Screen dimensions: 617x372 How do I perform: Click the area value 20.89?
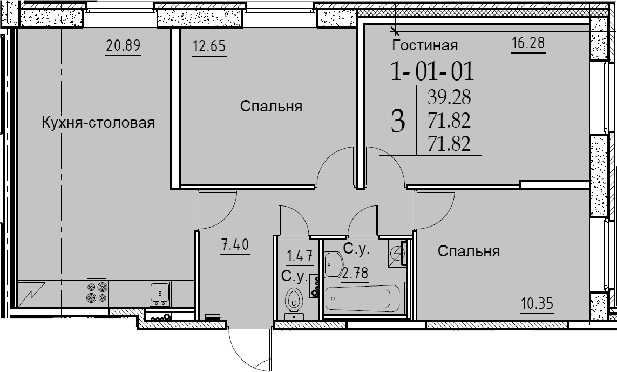click(123, 46)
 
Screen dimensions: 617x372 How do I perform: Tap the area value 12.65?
click(209, 46)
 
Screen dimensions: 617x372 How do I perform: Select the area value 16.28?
click(528, 43)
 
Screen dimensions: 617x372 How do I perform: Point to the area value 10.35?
click(537, 304)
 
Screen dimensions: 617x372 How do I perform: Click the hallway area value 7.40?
click(235, 245)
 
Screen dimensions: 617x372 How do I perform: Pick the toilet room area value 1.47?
click(300, 256)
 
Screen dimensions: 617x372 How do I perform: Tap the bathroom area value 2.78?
click(355, 273)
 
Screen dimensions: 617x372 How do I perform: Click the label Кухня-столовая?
click(98, 123)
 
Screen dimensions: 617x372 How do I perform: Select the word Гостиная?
click(425, 45)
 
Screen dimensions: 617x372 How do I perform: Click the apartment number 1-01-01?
click(432, 71)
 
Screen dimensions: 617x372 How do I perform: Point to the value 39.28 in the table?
click(449, 97)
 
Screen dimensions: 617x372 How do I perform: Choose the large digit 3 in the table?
click(398, 121)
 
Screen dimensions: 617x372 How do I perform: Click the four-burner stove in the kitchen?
click(97, 293)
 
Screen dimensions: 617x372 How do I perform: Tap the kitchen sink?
click(159, 294)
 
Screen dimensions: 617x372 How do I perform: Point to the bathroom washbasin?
click(334, 264)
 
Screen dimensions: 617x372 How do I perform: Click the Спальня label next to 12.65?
click(271, 107)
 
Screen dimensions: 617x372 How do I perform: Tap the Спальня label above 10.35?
click(469, 251)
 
